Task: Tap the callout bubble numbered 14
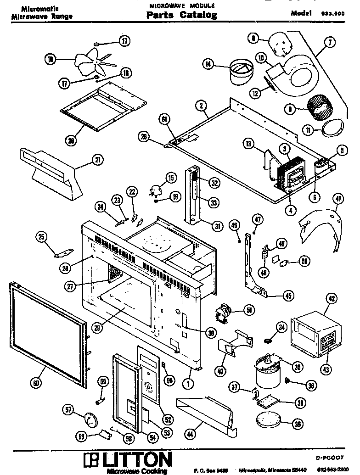click(x=209, y=65)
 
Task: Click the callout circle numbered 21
click(x=97, y=160)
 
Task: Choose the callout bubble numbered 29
click(x=97, y=328)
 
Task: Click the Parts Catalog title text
click(x=182, y=15)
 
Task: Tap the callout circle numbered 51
click(x=249, y=311)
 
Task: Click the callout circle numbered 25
click(x=42, y=237)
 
